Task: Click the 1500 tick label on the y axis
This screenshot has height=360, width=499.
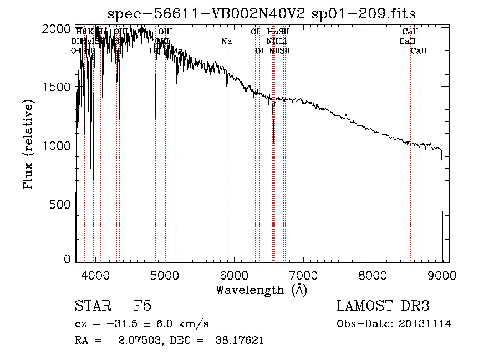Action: pos(60,87)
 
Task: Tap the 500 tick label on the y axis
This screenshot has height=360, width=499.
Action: pos(63,204)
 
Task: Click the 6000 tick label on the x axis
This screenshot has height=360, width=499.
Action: pos(234,275)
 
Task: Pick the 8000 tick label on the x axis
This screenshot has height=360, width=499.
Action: pos(373,275)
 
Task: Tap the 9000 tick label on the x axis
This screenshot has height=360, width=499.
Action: pos(442,275)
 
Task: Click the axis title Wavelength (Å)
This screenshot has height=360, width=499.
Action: pos(261,290)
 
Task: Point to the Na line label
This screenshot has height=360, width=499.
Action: pos(226,41)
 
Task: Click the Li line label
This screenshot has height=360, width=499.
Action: pos(283,41)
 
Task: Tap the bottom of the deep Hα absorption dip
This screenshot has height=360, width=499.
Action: pos(273,142)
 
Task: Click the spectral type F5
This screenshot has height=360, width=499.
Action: pos(142,307)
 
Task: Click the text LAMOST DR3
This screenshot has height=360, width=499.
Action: pos(383,307)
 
